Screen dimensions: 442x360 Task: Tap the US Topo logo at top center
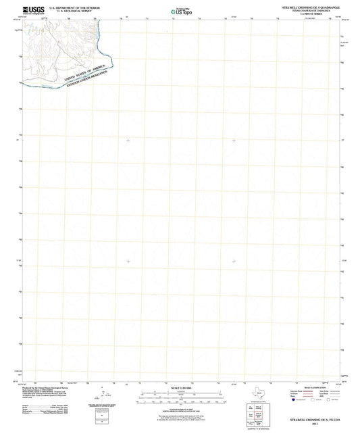pyautogui.click(x=179, y=10)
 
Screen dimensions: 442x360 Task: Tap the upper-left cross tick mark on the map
pyautogui.click(x=128, y=140)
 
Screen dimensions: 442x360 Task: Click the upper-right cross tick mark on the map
pyautogui.click(x=234, y=140)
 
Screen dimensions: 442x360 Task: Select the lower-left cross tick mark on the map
pyautogui.click(x=128, y=261)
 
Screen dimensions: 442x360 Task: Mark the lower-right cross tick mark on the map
pyautogui.click(x=234, y=261)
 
